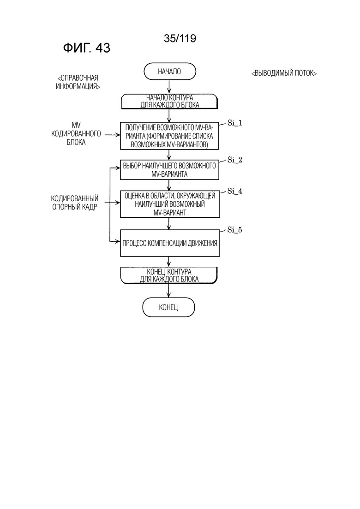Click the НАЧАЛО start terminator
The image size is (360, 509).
pyautogui.click(x=170, y=72)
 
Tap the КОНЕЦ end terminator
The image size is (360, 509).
pyautogui.click(x=168, y=307)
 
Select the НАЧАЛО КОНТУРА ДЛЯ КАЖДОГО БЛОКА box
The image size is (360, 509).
pyautogui.click(x=169, y=101)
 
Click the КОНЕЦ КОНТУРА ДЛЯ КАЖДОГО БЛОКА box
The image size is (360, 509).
pyautogui.click(x=169, y=275)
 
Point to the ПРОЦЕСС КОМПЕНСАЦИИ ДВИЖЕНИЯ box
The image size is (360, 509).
pyautogui.click(x=170, y=243)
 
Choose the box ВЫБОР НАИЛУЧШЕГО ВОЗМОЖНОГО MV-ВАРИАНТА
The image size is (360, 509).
pyautogui.click(x=169, y=170)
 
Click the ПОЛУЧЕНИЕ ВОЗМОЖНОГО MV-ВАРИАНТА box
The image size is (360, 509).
pyautogui.click(x=169, y=136)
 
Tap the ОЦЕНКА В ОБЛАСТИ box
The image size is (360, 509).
pyautogui.click(x=170, y=204)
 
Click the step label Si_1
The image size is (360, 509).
pyautogui.click(x=235, y=123)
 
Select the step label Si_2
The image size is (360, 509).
pyautogui.click(x=235, y=160)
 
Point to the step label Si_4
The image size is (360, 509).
pyautogui.click(x=235, y=191)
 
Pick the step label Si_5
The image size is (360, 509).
pyautogui.click(x=235, y=230)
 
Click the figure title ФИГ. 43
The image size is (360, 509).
pyautogui.click(x=87, y=48)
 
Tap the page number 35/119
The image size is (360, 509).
pyautogui.click(x=180, y=38)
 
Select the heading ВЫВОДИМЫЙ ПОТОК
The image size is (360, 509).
pyautogui.click(x=284, y=73)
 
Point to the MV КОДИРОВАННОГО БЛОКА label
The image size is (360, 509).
pyautogui.click(x=76, y=133)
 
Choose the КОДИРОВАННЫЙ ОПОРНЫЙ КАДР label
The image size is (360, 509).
pyautogui.click(x=75, y=203)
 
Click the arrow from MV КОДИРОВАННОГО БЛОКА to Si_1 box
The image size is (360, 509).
pyautogui.click(x=112, y=135)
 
